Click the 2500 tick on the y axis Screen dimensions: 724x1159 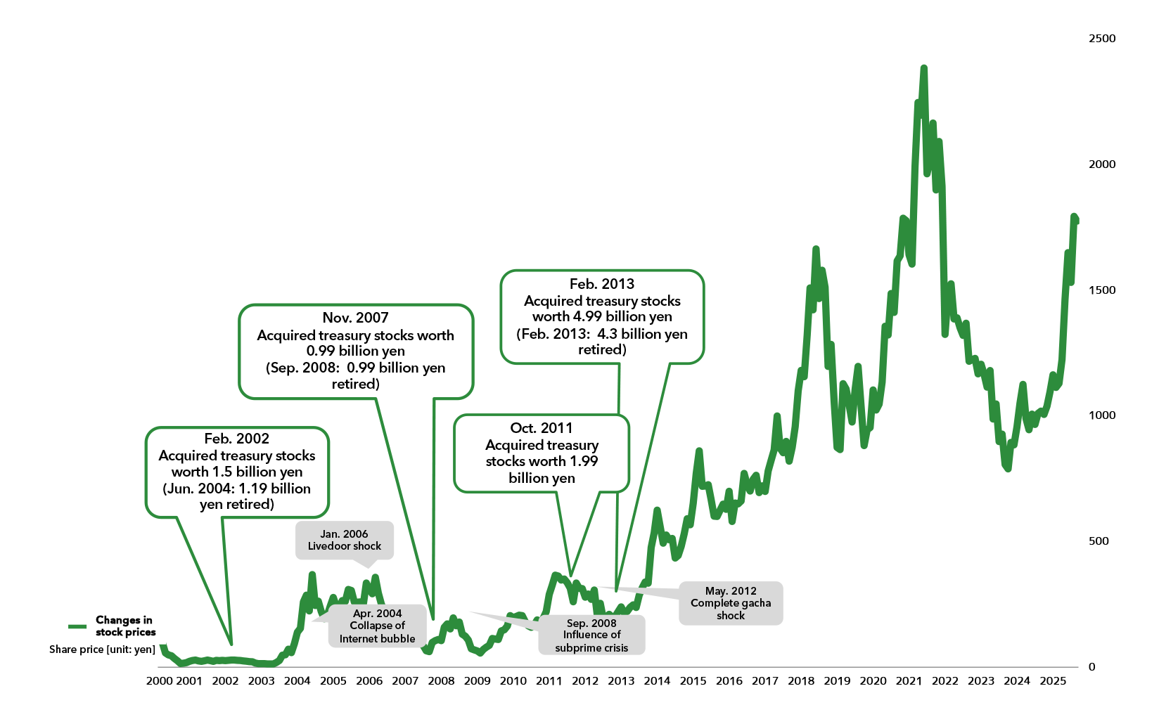[x=1101, y=39]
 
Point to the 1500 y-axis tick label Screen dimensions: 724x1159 [x=1101, y=290]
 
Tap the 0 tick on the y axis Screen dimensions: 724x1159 [x=1091, y=667]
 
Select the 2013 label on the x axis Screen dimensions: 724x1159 [x=621, y=680]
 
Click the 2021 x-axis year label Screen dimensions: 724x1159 [x=909, y=680]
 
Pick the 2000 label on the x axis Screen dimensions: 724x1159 [x=160, y=680]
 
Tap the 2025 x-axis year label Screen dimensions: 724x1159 [x=1053, y=680]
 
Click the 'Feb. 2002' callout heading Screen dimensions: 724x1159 [x=236, y=439]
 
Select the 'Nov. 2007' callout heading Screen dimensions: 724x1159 [x=355, y=318]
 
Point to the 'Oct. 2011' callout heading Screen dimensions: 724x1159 [x=542, y=428]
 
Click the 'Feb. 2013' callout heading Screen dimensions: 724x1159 [x=602, y=284]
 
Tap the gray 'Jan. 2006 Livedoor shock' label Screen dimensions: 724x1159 [x=344, y=540]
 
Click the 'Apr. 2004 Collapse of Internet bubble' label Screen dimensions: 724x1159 [x=377, y=626]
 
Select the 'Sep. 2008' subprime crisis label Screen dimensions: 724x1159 [x=591, y=635]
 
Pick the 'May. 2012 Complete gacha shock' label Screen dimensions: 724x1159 [x=731, y=603]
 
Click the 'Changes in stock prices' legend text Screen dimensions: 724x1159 [x=125, y=626]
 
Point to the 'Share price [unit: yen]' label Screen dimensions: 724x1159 [x=102, y=649]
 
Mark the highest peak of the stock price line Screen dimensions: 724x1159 [x=923, y=68]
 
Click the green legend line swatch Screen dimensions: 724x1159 [x=77, y=626]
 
